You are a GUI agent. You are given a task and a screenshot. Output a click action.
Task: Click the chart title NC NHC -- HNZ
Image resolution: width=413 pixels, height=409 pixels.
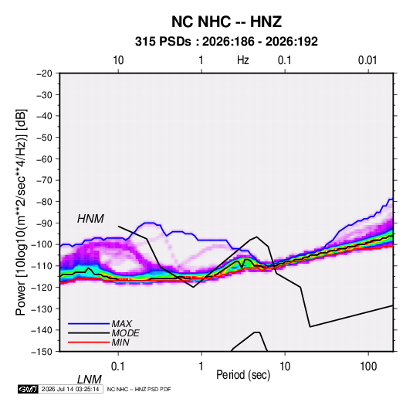pos(226,22)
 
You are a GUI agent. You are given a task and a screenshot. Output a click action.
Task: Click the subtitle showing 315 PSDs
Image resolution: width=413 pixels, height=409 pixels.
pos(226,42)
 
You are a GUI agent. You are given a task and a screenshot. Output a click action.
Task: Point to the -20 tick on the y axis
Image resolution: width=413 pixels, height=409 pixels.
pos(44,73)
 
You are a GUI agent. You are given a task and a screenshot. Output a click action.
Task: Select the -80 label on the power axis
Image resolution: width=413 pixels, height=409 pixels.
pos(44,202)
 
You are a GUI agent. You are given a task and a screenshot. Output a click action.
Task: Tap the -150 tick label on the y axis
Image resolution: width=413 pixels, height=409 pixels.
pos(42,352)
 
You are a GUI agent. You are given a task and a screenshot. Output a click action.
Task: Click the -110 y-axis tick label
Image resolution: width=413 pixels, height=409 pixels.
pos(42,266)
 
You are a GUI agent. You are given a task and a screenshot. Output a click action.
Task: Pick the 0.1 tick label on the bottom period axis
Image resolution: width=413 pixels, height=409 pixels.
pos(118,366)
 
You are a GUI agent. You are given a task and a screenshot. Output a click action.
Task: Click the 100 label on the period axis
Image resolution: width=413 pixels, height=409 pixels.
pos(368,366)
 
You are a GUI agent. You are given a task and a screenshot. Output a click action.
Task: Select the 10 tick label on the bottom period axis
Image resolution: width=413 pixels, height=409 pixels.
pos(285,366)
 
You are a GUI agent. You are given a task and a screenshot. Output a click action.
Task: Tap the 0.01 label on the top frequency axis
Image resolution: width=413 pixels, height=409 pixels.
pos(367,60)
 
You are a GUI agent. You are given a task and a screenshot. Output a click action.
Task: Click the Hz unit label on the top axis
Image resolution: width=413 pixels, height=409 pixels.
pos(243,60)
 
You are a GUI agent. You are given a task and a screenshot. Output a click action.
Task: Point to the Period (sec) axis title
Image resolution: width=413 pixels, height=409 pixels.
pos(243,375)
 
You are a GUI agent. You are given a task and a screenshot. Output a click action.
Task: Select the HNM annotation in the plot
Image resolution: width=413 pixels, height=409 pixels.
pos(90,219)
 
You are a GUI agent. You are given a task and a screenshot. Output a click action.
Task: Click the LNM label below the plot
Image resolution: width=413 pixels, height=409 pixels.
pos(90,380)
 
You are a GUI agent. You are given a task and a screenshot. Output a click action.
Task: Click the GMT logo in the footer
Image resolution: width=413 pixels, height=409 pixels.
pos(29,389)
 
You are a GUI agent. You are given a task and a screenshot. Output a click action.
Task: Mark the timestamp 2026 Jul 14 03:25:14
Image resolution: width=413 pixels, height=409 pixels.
pos(70,389)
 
